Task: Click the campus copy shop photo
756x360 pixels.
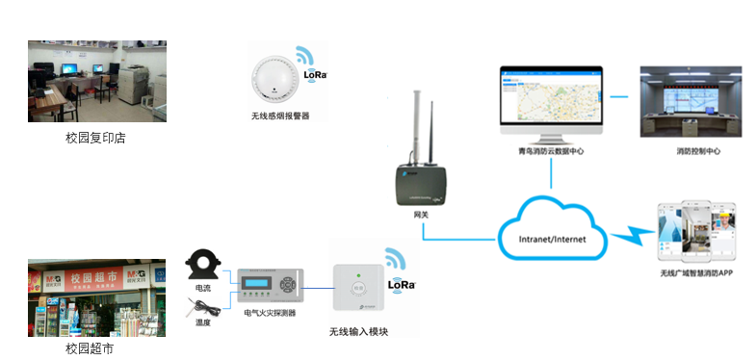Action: point(96,81)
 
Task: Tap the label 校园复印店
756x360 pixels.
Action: point(95,138)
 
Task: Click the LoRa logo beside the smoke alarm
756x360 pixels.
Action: point(315,73)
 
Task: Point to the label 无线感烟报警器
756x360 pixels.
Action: point(274,116)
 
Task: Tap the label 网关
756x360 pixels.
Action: point(420,214)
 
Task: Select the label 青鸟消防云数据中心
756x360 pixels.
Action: point(550,151)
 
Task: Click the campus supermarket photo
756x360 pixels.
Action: point(96,297)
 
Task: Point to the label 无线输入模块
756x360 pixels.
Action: point(359,332)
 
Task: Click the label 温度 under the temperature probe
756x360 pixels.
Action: point(203,322)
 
